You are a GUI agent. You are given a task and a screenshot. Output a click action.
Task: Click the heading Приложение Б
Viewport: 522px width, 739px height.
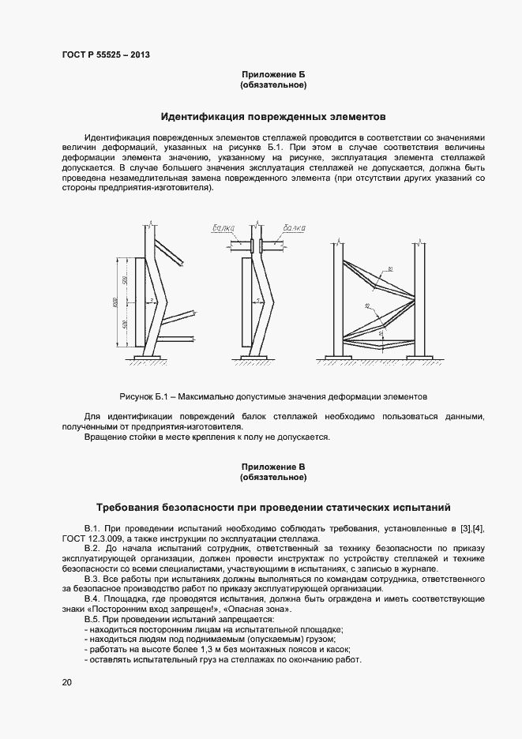click(273, 74)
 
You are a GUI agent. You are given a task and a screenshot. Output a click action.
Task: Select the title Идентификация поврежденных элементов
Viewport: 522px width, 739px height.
click(273, 117)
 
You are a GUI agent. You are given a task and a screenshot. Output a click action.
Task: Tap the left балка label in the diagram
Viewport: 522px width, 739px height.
click(224, 228)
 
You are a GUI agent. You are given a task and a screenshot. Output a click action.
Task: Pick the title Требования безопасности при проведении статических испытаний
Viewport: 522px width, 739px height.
click(273, 507)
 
